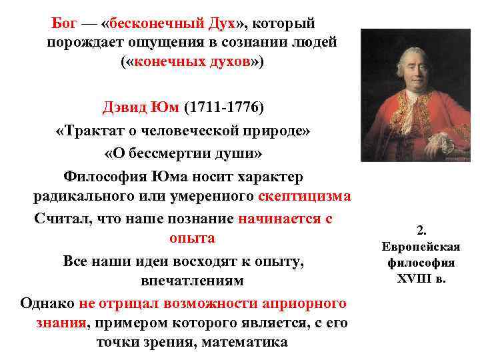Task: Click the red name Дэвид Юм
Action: [141, 107]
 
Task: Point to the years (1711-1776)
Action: [223, 107]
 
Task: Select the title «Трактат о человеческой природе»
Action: [183, 131]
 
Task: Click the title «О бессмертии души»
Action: [183, 153]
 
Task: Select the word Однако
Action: [47, 303]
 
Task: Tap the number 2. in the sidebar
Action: [421, 231]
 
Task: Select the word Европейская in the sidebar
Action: [421, 247]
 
